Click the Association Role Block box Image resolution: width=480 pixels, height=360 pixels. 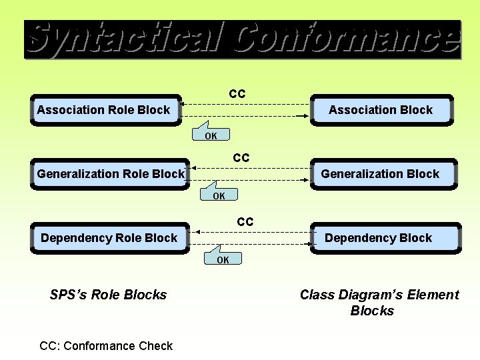click(x=105, y=110)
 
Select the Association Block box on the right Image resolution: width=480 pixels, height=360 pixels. click(x=381, y=110)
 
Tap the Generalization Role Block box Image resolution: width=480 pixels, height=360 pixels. click(x=111, y=174)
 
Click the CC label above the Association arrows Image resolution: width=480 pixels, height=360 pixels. click(x=237, y=94)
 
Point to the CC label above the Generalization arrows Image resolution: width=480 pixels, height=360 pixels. click(x=241, y=158)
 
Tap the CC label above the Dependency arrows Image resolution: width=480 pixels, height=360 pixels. click(x=245, y=222)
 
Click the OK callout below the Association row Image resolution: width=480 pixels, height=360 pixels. click(x=211, y=135)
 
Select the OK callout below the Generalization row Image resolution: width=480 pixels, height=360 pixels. click(x=219, y=195)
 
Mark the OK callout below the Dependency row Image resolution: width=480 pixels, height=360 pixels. click(x=223, y=259)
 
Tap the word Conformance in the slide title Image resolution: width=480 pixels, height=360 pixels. click(x=347, y=39)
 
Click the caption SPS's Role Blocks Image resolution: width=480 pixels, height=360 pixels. click(x=108, y=295)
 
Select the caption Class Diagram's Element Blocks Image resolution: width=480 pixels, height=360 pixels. click(x=379, y=303)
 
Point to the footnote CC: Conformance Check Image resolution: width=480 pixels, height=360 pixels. click(x=106, y=345)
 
